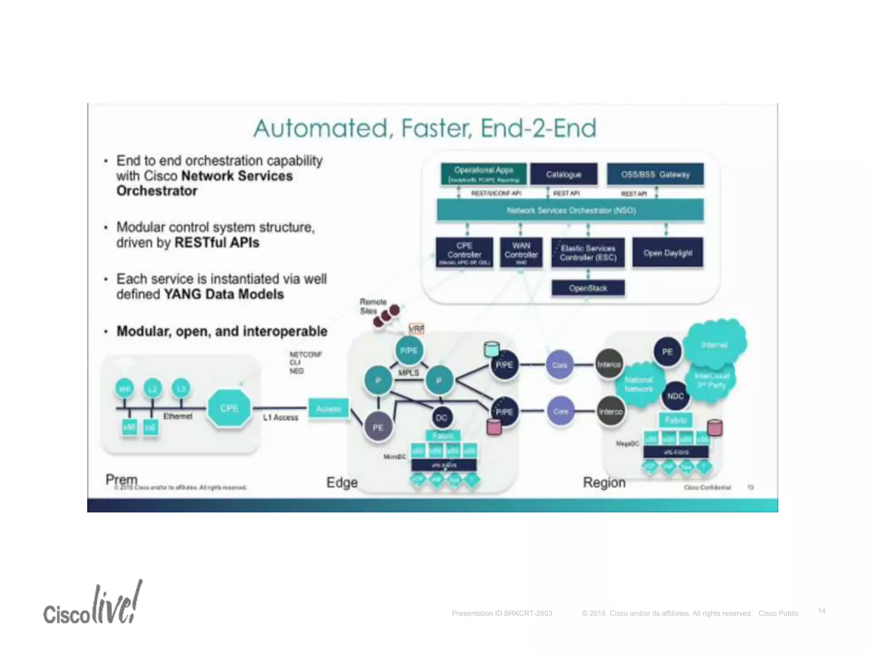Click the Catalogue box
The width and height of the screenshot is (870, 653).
[x=564, y=174]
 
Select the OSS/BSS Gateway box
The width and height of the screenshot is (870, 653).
[x=655, y=174]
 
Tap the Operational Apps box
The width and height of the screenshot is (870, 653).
[x=483, y=174]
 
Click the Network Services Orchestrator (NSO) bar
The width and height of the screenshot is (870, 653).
[x=571, y=210]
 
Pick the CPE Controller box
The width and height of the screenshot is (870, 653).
[x=464, y=253]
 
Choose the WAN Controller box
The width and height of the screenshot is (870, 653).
[x=521, y=252]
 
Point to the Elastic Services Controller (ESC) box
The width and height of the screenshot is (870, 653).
[x=588, y=253]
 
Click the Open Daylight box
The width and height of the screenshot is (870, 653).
[x=667, y=253]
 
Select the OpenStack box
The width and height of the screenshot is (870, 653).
[x=588, y=288]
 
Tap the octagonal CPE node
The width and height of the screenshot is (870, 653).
[x=229, y=408]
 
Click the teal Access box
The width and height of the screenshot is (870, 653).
[x=328, y=409]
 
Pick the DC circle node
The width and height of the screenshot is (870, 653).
[x=441, y=417]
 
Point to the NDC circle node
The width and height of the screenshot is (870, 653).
[x=675, y=396]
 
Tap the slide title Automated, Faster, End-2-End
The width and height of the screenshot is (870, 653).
[x=425, y=128]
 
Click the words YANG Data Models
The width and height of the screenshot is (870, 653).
[x=224, y=294]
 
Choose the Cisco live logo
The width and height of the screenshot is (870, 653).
[x=93, y=604]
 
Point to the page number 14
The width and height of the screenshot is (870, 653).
[x=822, y=611]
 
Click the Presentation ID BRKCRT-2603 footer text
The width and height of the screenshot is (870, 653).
[x=502, y=613]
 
